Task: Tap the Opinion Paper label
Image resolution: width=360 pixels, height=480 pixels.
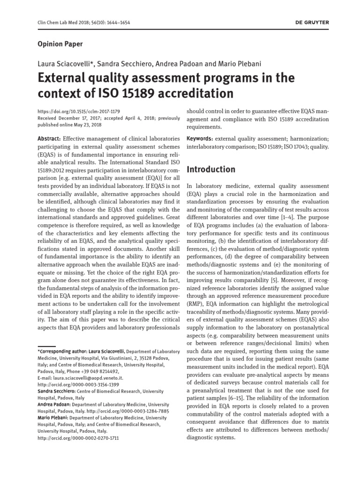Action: click(60, 44)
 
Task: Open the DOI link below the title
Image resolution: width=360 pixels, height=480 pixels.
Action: click(75, 112)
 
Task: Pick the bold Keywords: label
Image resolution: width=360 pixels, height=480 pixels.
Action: click(200, 139)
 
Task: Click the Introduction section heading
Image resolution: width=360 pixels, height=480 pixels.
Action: click(211, 169)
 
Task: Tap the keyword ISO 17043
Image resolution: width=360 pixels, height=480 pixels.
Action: click(289, 147)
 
